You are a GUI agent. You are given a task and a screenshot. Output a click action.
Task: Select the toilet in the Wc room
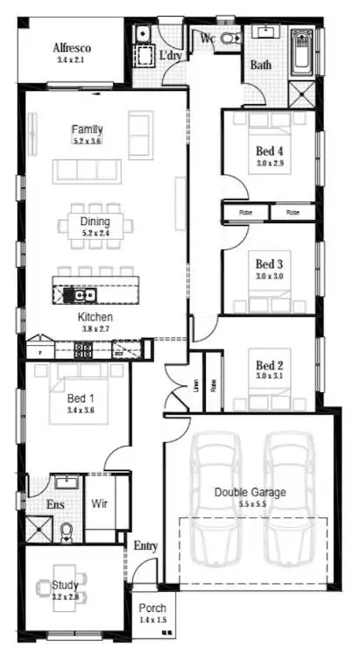230,39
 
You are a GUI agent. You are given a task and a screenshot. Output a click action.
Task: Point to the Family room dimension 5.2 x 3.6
88,141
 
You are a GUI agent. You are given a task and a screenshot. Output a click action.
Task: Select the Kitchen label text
95,317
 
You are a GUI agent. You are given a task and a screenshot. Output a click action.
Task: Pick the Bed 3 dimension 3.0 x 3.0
269,276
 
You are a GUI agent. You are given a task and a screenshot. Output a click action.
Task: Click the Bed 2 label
269,365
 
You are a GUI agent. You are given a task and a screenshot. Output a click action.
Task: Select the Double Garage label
250,492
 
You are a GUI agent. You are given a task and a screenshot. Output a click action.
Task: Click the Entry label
145,546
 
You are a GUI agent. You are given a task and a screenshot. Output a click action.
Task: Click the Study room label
65,585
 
